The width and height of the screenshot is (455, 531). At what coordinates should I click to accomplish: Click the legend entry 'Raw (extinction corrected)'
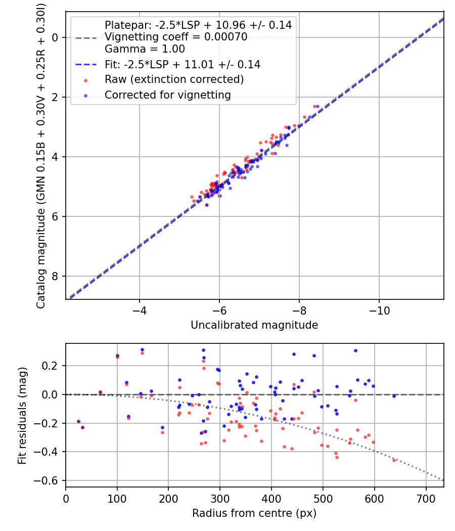click(x=174, y=79)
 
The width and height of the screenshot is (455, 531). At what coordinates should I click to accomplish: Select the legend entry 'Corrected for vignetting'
click(x=167, y=95)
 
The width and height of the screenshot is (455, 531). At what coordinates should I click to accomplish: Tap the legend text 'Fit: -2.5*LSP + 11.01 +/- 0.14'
click(x=182, y=64)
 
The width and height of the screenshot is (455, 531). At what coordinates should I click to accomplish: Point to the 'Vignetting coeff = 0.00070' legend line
click(x=175, y=37)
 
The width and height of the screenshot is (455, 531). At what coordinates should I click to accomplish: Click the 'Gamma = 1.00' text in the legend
click(x=145, y=49)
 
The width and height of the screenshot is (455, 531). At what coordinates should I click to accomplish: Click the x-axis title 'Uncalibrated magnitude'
click(x=254, y=325)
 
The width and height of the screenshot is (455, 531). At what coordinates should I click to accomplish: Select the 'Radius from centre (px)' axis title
click(x=254, y=513)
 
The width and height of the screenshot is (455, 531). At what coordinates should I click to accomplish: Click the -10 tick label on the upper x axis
click(x=379, y=310)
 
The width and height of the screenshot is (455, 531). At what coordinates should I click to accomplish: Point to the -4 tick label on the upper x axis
click(x=140, y=310)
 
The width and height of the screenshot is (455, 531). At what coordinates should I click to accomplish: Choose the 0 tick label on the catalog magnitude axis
click(x=56, y=37)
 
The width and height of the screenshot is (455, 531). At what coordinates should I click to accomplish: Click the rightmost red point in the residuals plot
click(x=394, y=460)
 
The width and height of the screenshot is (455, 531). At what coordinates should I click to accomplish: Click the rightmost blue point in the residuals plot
click(x=394, y=396)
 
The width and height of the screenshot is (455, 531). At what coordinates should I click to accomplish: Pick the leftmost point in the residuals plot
click(x=78, y=421)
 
